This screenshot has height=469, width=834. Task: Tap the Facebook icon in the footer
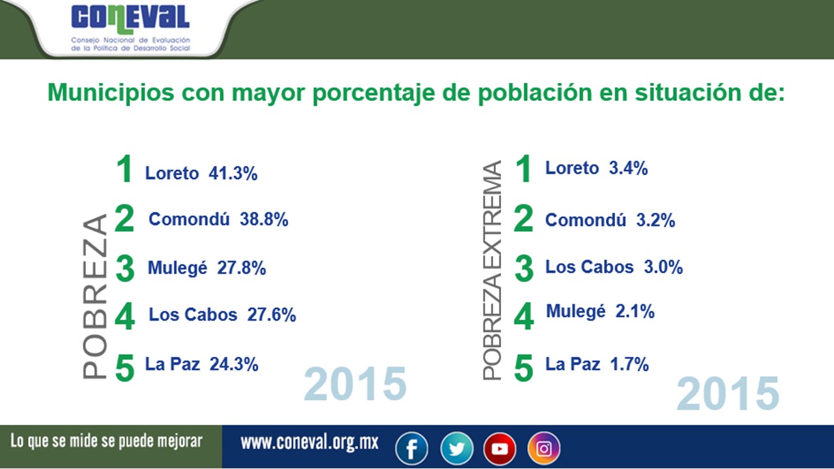tap(412, 448)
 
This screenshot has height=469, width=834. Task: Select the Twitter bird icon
tap(456, 448)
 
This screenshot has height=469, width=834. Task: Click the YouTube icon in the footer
tap(500, 448)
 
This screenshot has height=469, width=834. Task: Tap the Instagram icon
tap(543, 448)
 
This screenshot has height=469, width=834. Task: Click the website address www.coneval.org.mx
tap(309, 443)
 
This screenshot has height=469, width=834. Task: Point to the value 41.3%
tap(233, 173)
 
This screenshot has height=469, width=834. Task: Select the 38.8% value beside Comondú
tap(264, 220)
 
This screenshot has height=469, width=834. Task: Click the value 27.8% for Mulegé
tap(242, 268)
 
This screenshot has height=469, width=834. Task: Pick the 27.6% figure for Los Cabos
tap(272, 315)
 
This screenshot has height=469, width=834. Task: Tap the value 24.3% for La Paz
tap(234, 364)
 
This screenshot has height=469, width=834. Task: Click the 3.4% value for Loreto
tap(628, 168)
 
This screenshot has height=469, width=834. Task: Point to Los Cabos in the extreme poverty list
tap(589, 267)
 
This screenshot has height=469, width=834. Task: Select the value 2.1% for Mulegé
tap(635, 312)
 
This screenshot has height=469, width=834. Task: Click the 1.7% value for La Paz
tap(629, 364)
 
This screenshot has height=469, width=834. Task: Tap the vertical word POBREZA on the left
tap(95, 296)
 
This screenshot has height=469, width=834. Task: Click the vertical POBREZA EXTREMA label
tap(493, 270)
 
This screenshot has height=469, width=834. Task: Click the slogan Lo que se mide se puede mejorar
tap(106, 441)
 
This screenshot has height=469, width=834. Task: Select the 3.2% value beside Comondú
tap(655, 220)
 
